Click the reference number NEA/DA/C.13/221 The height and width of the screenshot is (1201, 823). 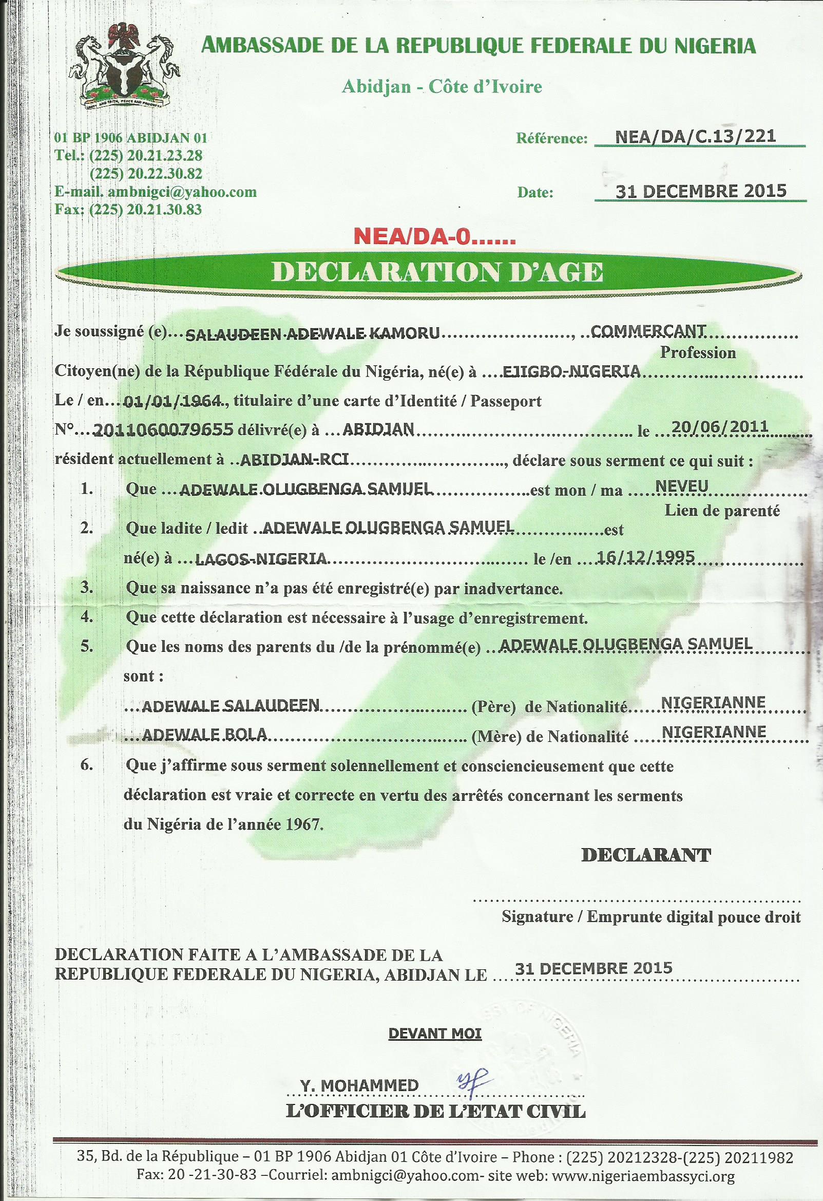point(695,137)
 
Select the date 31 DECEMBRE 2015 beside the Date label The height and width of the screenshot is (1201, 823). point(701,191)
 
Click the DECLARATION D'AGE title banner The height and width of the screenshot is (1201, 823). point(437,272)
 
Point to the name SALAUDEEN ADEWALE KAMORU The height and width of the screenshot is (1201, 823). point(312,334)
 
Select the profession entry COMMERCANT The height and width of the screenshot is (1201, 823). point(648,331)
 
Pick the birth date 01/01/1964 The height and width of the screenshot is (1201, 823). point(173,401)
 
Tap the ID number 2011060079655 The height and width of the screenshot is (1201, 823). point(164,430)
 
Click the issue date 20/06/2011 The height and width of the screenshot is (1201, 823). point(719,427)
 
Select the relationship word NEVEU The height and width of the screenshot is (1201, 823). point(681,486)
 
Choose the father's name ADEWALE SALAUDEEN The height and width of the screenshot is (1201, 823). point(231,706)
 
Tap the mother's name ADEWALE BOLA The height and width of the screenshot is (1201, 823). point(204,735)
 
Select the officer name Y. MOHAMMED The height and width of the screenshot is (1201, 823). point(359,1085)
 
